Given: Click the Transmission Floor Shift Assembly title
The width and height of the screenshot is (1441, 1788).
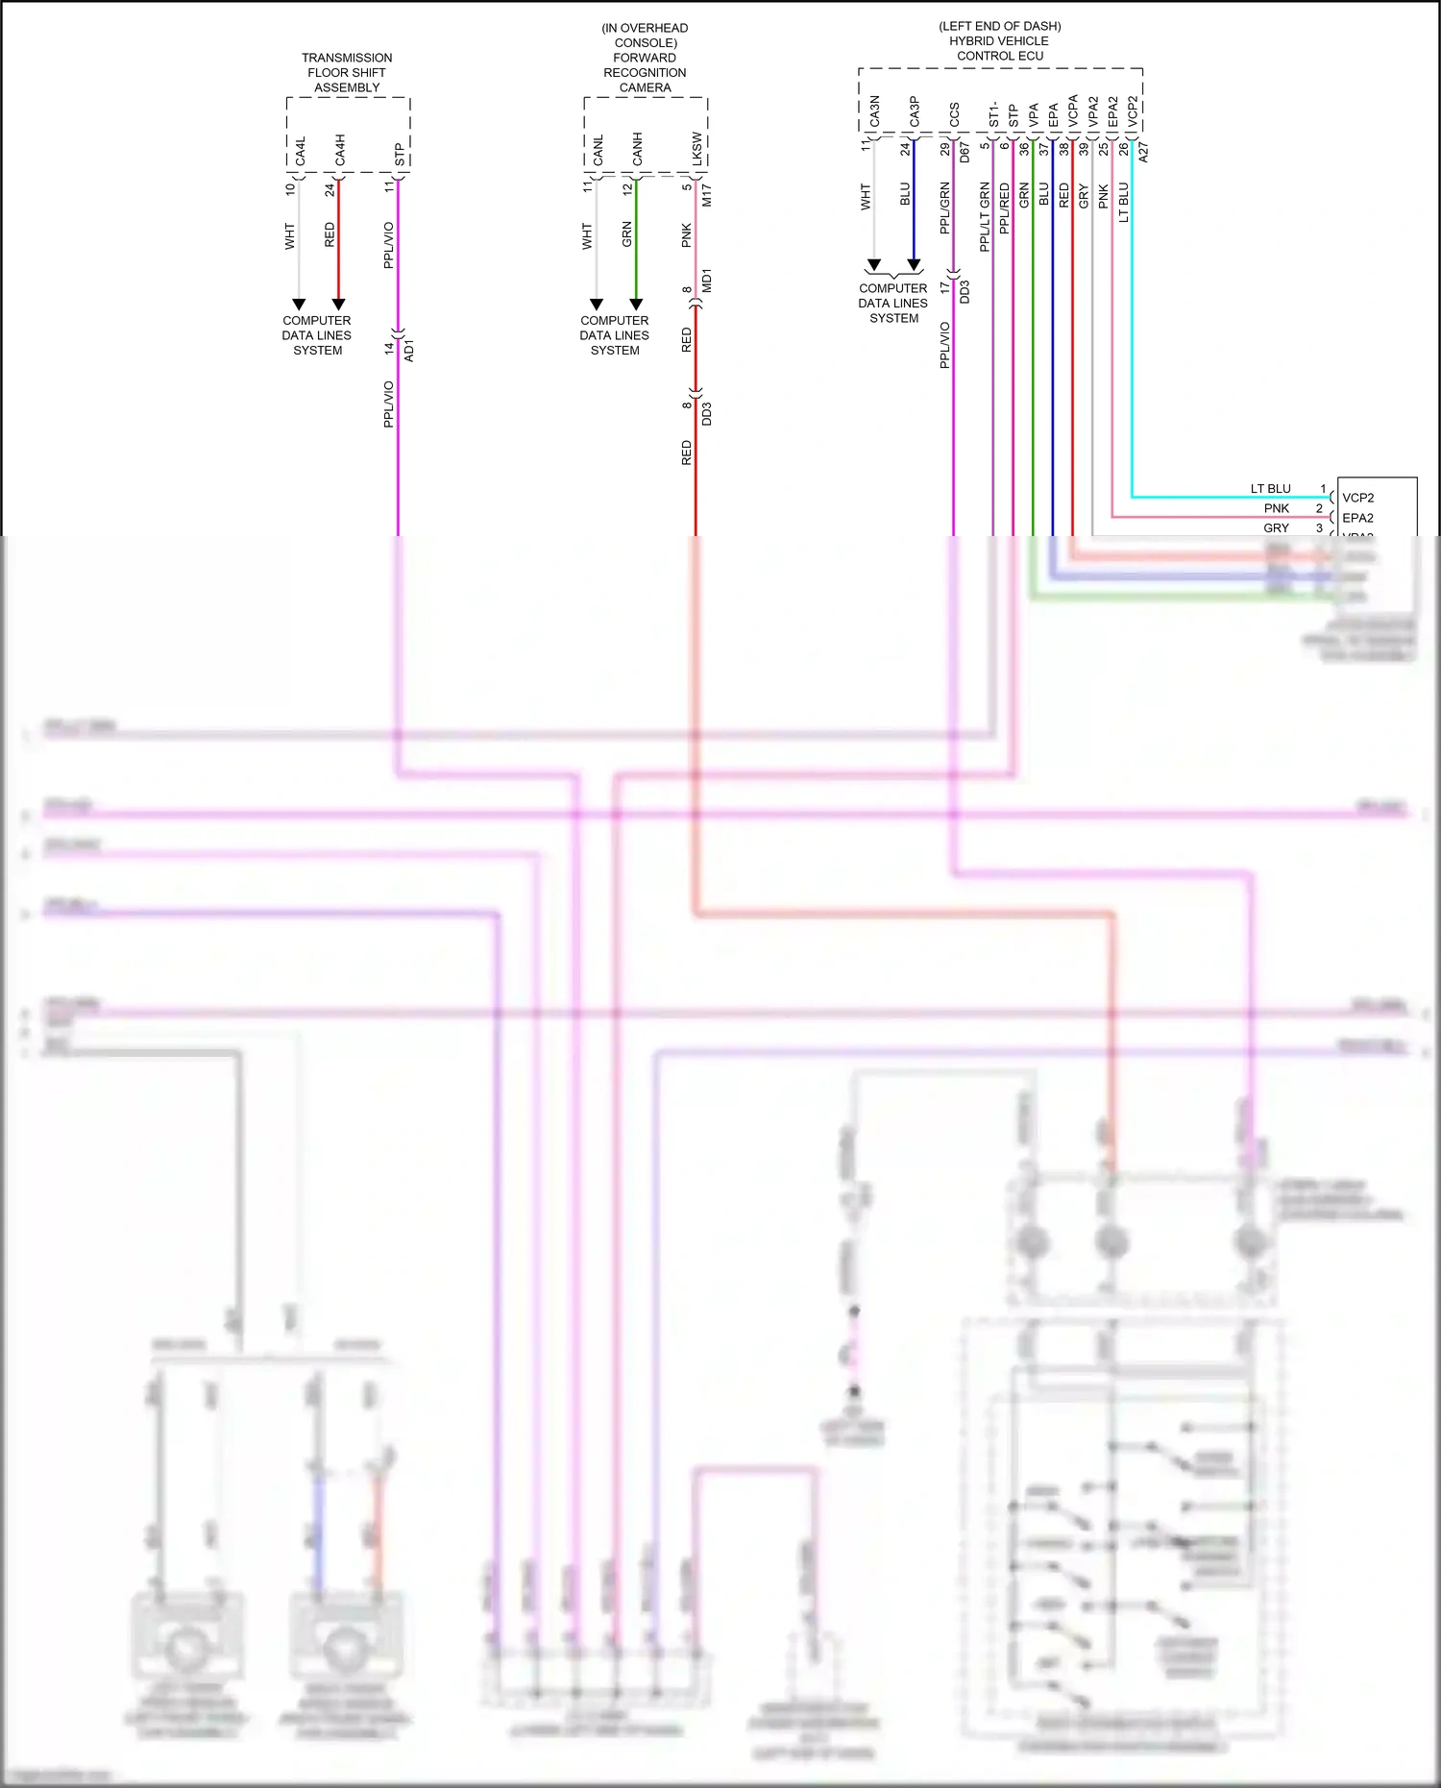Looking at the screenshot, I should (347, 72).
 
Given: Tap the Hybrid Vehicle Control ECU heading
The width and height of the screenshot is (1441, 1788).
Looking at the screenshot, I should (999, 41).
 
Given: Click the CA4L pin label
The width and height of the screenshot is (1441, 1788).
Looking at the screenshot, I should (301, 151).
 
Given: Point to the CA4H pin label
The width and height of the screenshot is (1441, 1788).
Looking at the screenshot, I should (340, 151).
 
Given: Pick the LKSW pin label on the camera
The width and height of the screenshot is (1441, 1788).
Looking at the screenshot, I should (697, 149).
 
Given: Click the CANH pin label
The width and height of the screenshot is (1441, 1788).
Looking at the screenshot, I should (638, 149).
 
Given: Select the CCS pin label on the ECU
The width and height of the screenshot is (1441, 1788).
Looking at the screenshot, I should (954, 115).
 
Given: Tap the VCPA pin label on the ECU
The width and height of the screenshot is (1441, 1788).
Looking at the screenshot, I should (1074, 110).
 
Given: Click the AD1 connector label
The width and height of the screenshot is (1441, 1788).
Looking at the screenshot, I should (409, 349).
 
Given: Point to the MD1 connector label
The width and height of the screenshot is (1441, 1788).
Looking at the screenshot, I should (707, 281).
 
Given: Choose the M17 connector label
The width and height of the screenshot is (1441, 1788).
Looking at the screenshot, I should (707, 196).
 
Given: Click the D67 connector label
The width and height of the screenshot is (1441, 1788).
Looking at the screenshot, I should (965, 151).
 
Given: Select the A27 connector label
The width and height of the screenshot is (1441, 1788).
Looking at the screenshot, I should (1142, 151).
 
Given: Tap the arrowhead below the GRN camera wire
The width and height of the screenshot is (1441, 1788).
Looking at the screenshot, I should (636, 305).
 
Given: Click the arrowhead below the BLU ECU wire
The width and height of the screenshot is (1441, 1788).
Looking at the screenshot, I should (914, 264).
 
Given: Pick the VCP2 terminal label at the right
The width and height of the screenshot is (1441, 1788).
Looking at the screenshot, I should (1357, 498).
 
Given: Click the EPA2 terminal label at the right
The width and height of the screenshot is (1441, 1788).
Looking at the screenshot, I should (1357, 518).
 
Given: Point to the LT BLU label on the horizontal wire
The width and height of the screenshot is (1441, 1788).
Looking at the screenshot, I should (1270, 489).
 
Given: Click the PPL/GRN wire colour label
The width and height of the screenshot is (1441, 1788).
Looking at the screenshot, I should (944, 208).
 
